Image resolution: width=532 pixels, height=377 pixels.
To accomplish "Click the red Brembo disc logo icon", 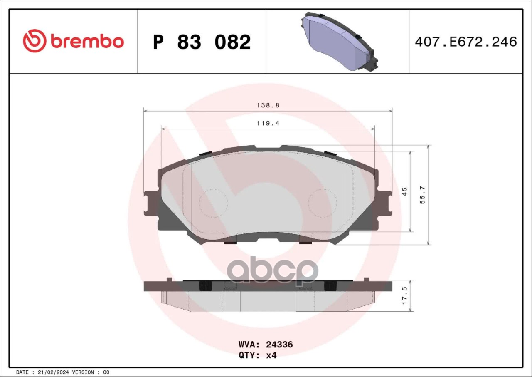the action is point(34,41).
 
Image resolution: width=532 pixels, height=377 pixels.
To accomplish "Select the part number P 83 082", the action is point(202,42).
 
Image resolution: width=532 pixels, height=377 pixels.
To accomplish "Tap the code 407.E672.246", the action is point(466,42).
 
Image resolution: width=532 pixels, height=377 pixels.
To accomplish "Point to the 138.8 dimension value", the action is point(268,105).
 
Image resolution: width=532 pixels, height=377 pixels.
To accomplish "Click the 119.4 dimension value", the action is point(268,123).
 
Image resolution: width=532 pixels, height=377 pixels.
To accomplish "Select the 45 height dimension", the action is point(405,191).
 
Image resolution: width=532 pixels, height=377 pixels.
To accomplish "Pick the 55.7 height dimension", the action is point(423,195).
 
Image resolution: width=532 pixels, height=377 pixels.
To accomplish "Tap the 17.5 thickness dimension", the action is point(405,295).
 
